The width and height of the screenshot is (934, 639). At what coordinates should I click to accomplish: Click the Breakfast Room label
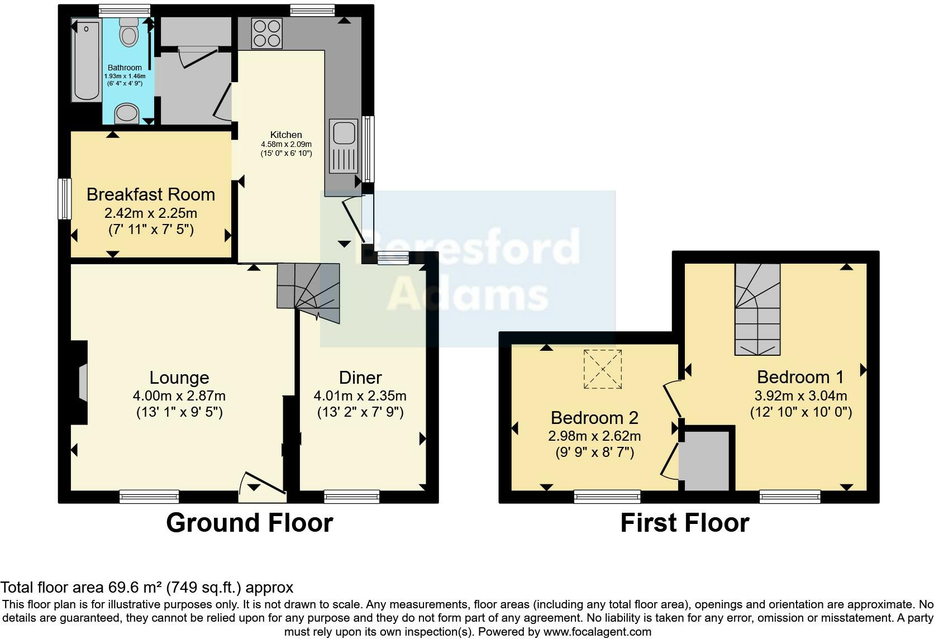click(151, 194)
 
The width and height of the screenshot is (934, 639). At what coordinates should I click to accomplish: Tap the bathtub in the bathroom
click(86, 61)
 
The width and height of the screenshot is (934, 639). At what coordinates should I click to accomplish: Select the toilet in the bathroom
click(129, 32)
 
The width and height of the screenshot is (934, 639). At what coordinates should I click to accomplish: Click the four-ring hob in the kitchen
click(266, 34)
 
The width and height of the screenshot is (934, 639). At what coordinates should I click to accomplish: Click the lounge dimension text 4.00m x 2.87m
click(179, 396)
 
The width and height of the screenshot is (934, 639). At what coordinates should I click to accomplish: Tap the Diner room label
click(360, 378)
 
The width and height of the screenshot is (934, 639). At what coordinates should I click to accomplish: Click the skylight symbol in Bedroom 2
click(603, 369)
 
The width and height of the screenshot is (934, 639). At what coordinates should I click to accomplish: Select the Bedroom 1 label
click(800, 376)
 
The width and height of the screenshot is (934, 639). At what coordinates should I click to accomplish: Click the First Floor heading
click(684, 523)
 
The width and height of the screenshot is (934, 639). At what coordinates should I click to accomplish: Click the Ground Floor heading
click(249, 523)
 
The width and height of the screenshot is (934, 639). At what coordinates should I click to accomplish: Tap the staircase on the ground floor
click(308, 293)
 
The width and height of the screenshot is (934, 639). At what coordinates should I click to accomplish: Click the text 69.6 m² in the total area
click(134, 588)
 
